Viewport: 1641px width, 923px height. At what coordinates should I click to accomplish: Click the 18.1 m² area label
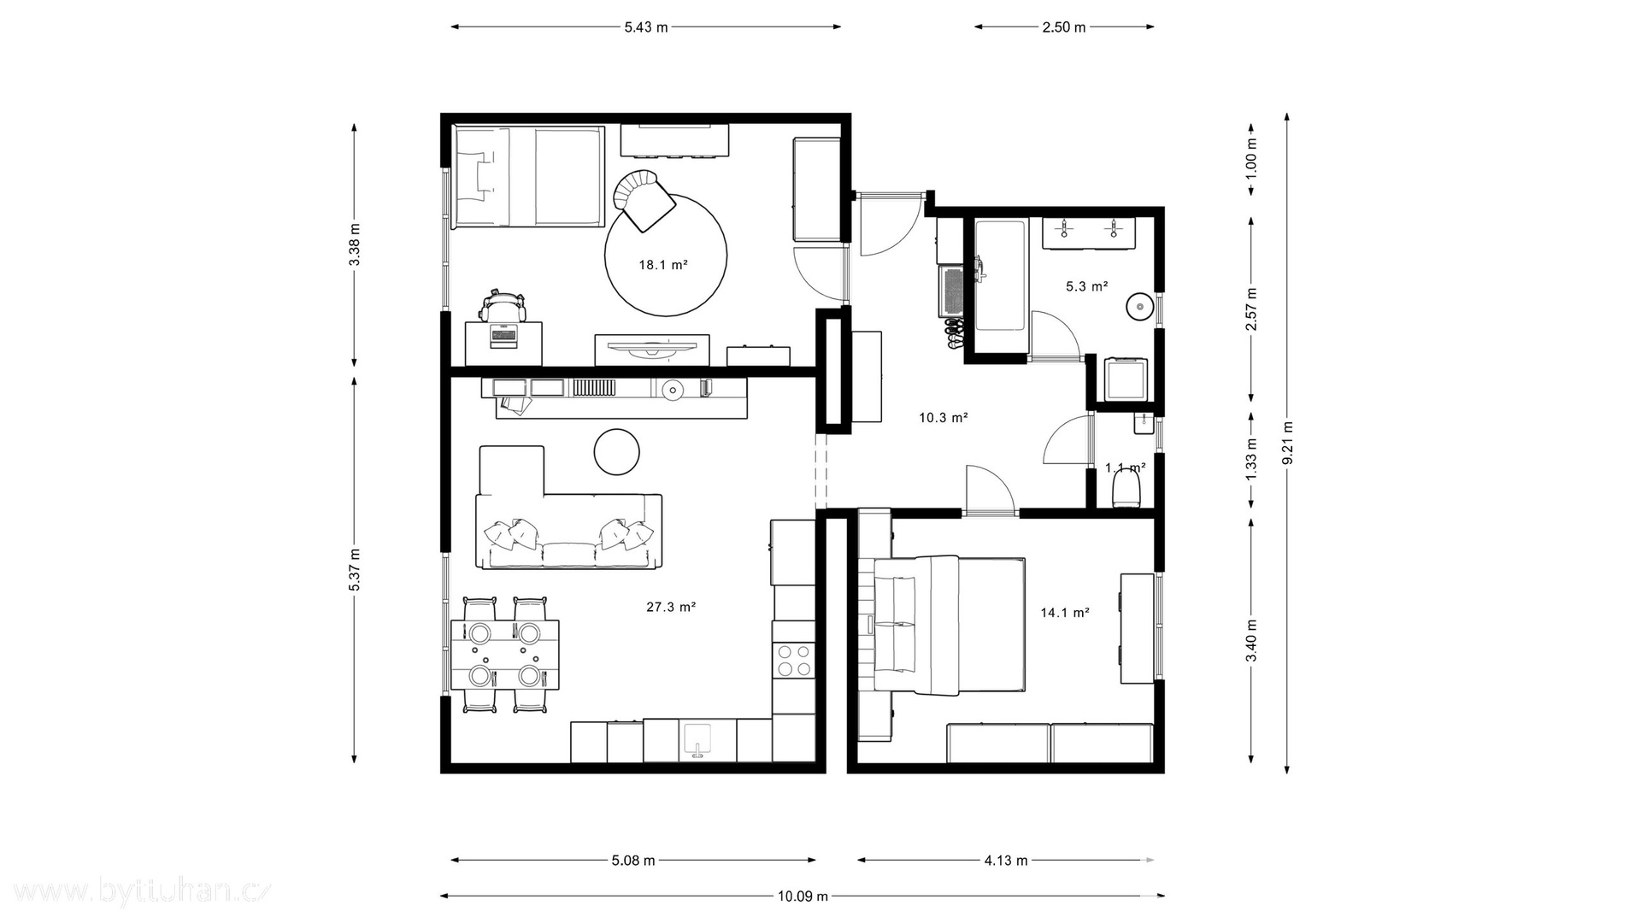(663, 265)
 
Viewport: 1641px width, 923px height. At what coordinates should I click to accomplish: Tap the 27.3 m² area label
(671, 607)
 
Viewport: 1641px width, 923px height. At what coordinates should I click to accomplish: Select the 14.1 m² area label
(1065, 612)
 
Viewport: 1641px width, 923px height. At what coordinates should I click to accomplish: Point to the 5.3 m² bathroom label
(1087, 286)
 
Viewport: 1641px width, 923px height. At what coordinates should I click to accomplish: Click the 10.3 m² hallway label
(944, 418)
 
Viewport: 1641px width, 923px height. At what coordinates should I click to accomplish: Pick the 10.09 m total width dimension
(803, 897)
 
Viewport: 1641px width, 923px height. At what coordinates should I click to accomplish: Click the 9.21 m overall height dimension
(1288, 443)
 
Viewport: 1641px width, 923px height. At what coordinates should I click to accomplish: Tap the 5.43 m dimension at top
(646, 26)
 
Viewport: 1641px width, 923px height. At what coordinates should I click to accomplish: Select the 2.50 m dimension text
(1064, 26)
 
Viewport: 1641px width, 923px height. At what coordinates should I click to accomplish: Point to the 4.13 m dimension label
(1006, 861)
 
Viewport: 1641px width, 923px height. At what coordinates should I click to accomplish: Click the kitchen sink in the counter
(698, 741)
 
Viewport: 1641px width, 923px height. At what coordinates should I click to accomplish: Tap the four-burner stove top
(793, 661)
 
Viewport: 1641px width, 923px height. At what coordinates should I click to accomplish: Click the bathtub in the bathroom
(1000, 275)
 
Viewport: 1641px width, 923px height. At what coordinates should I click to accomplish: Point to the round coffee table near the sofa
(617, 450)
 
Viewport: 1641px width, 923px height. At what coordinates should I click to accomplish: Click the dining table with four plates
(505, 655)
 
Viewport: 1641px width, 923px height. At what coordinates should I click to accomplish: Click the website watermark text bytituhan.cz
(137, 892)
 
